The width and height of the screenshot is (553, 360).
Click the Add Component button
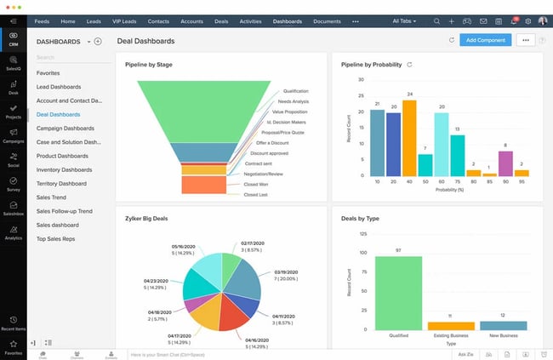tap(485, 40)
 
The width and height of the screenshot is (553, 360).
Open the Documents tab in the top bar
tap(327, 20)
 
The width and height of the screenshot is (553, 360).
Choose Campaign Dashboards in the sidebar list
tap(71, 128)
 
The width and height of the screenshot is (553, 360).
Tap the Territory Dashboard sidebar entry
tap(61, 183)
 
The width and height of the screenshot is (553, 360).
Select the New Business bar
tap(504, 325)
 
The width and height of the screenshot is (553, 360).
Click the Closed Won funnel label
tap(257, 183)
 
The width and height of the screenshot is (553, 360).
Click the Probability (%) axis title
tap(449, 189)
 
